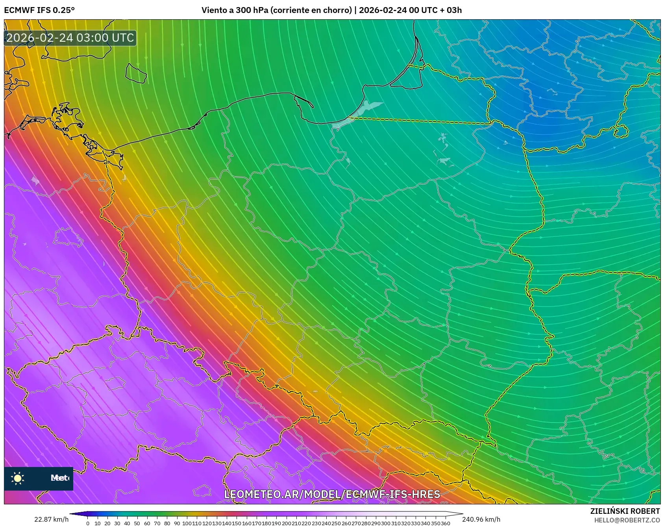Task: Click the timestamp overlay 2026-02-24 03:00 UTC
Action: (70, 38)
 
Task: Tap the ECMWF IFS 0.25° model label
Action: (39, 10)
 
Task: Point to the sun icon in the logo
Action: (18, 478)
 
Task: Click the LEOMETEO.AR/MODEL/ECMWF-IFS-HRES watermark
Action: (332, 494)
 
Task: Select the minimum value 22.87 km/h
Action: (51, 519)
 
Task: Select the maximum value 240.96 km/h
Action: (481, 519)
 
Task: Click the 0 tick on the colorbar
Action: (88, 523)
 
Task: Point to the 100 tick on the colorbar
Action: (187, 523)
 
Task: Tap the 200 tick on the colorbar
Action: (286, 523)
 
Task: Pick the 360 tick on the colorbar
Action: (445, 523)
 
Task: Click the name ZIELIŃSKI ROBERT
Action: (625, 511)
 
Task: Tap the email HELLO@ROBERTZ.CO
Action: (627, 520)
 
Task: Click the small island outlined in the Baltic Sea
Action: (136, 73)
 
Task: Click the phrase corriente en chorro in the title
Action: (311, 10)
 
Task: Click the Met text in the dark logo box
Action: (59, 478)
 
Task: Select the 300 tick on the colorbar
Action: (386, 523)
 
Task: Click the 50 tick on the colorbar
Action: (137, 523)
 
